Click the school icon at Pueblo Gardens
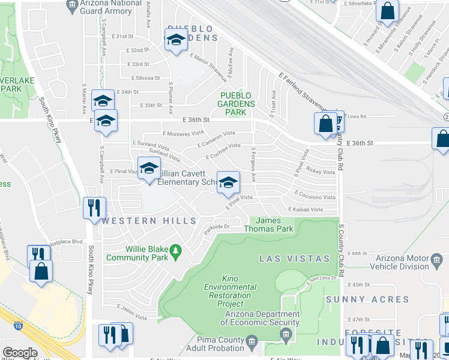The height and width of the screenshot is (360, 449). coord(175,41)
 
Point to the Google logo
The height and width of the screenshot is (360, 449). coord(20,353)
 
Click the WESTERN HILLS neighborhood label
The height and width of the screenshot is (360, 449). coord(149,221)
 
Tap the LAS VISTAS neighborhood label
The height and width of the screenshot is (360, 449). coord(294,259)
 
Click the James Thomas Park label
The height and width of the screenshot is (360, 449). coord(268,224)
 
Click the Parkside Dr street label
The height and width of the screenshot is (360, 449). coord(217,227)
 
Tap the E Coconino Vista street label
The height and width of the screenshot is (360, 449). coord(315,197)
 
